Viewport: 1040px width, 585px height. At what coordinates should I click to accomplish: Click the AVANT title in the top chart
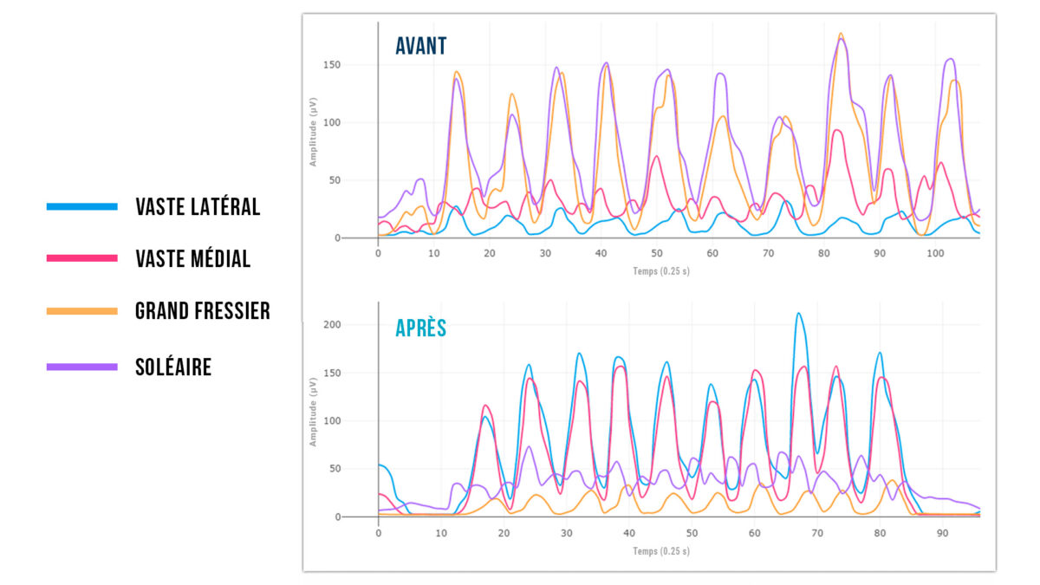(421, 46)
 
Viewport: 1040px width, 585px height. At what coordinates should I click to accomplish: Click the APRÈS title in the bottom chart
(420, 328)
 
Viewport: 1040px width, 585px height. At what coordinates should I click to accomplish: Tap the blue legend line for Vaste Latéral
(82, 206)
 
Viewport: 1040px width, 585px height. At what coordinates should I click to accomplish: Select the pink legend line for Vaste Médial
(82, 258)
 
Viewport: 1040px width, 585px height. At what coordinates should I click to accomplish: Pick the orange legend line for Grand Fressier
(82, 310)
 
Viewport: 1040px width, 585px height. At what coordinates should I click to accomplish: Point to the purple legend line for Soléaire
(82, 367)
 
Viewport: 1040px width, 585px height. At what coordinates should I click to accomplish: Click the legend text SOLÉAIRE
(173, 367)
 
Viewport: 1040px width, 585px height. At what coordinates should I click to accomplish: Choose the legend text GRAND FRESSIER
(203, 310)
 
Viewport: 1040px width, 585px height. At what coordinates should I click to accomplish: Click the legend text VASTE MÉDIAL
(193, 258)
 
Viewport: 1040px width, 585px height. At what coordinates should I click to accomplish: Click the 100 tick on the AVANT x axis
(935, 254)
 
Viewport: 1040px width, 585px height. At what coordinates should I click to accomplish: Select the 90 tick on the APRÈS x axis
(942, 533)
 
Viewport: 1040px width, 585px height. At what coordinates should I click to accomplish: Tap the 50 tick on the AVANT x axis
(656, 254)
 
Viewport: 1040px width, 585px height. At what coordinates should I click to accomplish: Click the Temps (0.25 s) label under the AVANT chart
(661, 270)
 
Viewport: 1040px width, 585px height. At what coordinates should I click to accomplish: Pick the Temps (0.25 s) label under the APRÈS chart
(661, 550)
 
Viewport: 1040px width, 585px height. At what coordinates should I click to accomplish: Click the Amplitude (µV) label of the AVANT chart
(313, 130)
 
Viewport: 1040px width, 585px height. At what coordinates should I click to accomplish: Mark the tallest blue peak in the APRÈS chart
(798, 314)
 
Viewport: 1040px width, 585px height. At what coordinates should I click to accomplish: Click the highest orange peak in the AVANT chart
(841, 35)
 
